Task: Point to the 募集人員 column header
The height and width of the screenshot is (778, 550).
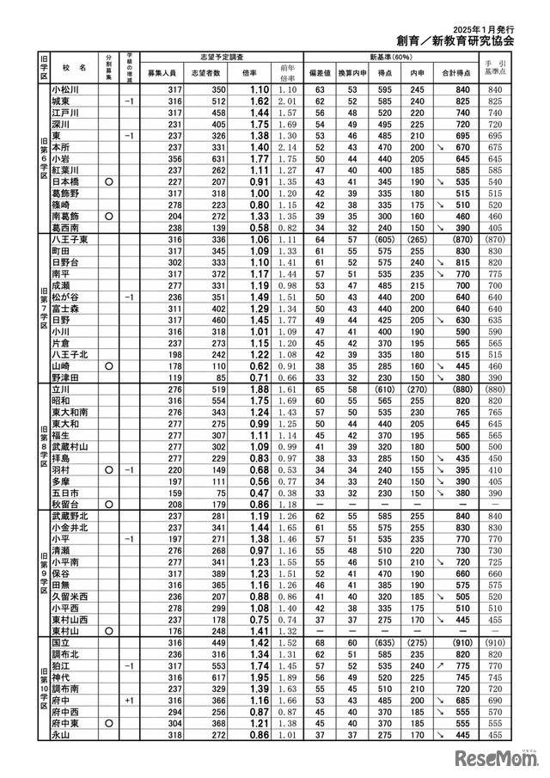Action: pyautogui.click(x=162, y=73)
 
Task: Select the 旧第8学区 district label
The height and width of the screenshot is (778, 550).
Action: pyautogui.click(x=42, y=445)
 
